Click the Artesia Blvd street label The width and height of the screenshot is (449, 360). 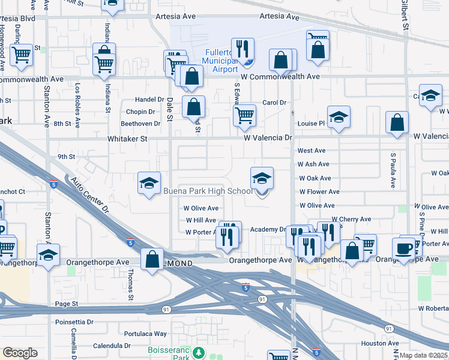(18, 19)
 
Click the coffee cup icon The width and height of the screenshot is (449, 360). (404, 248)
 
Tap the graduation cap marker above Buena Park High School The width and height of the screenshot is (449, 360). (262, 178)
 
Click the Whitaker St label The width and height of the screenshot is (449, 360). (127, 138)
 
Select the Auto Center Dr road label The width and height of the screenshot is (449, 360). (91, 196)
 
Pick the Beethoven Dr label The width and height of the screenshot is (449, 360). (140, 124)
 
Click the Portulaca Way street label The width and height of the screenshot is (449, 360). (145, 334)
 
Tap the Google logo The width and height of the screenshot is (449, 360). (20, 353)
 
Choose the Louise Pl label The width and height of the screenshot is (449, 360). (311, 124)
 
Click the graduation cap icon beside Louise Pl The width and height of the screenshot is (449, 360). (339, 117)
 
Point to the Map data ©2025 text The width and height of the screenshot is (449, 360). (423, 355)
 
